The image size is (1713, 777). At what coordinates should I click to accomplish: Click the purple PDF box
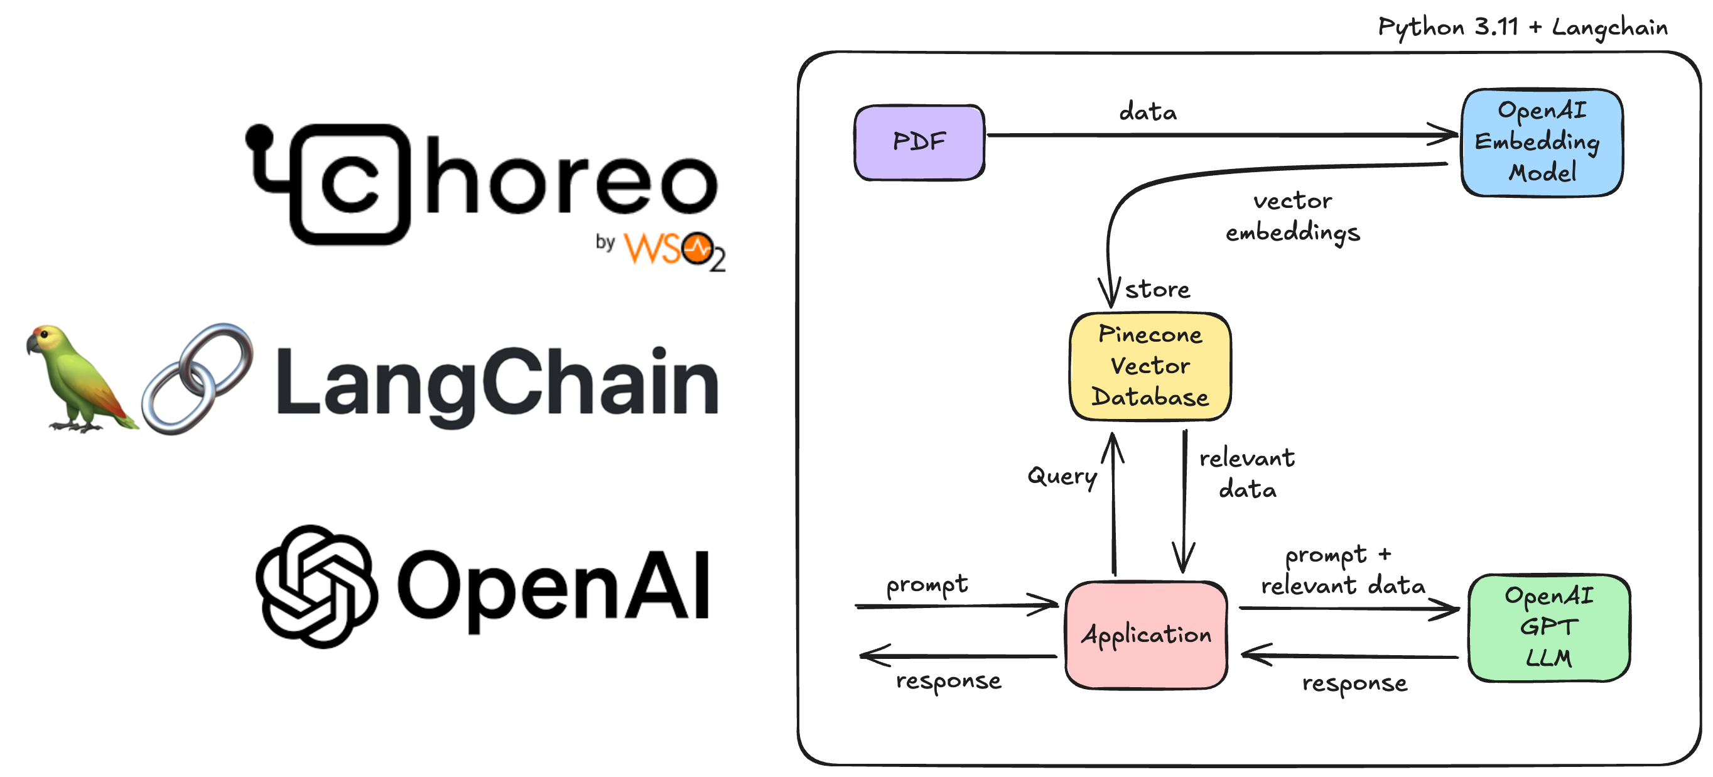click(x=919, y=142)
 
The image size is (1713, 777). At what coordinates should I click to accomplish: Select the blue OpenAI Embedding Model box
click(x=1542, y=142)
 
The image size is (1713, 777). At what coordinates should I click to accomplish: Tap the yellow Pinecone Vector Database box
click(x=1150, y=366)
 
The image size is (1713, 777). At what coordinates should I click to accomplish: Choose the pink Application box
click(x=1146, y=634)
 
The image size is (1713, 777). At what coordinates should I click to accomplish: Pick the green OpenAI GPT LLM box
click(x=1548, y=628)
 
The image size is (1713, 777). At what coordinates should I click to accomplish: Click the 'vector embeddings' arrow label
click(x=1293, y=216)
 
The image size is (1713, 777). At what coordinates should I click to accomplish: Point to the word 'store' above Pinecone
click(x=1157, y=290)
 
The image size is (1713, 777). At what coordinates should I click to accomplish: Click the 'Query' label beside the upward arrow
click(x=1062, y=476)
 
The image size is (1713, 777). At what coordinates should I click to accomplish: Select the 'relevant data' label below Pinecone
click(x=1247, y=474)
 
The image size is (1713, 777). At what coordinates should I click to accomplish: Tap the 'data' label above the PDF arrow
click(x=1148, y=112)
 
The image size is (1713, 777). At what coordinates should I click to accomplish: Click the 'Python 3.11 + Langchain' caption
click(x=1523, y=27)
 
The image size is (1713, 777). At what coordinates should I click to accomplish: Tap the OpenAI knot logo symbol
click(x=317, y=586)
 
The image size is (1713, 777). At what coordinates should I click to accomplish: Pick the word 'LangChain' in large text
click(x=497, y=384)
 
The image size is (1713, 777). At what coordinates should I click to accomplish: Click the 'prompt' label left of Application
click(x=927, y=584)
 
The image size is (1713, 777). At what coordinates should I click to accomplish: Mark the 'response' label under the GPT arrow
click(x=1354, y=683)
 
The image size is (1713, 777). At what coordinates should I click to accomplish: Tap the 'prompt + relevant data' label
click(x=1342, y=570)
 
